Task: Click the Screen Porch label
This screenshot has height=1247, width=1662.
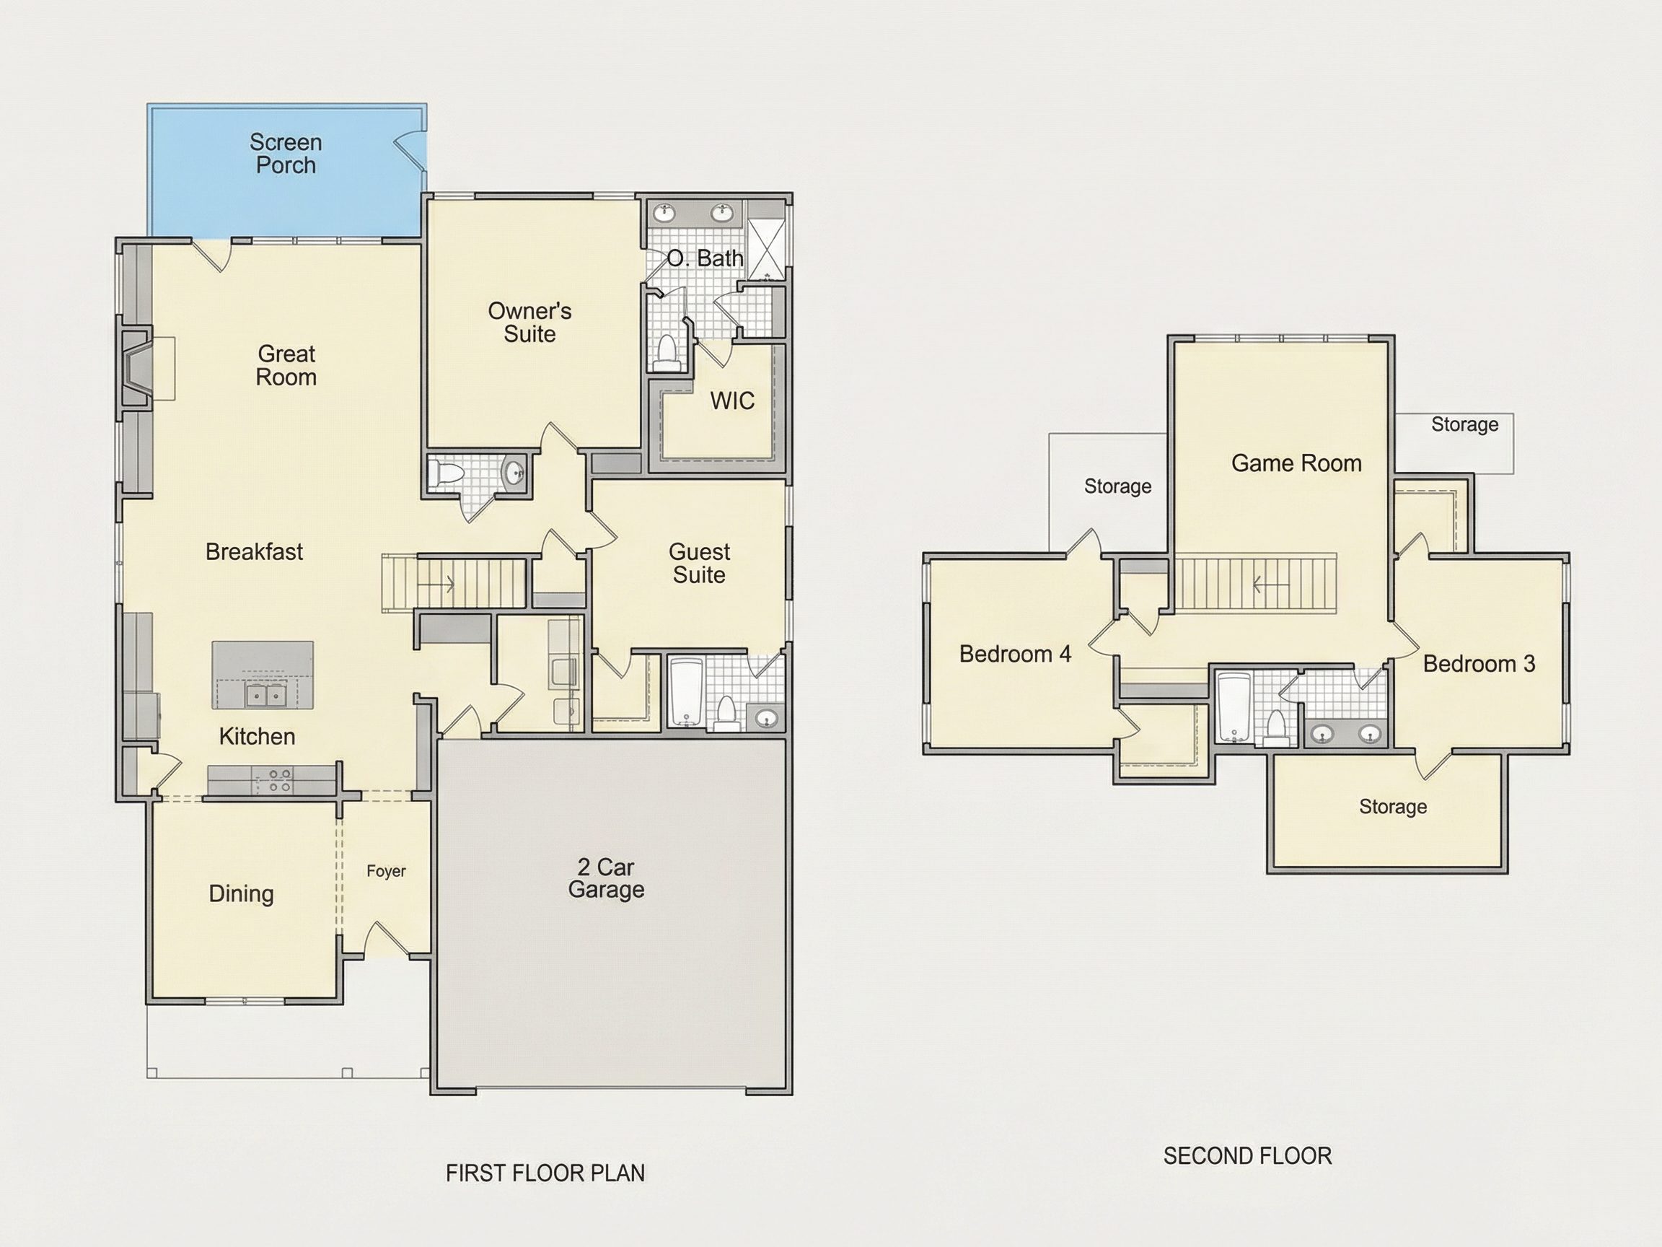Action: tap(286, 153)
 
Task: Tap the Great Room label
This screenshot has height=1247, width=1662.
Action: tap(286, 365)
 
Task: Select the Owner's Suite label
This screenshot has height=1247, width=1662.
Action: tap(529, 323)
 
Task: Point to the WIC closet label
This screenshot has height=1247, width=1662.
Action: tap(733, 401)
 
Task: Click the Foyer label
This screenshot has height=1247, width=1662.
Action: tap(386, 871)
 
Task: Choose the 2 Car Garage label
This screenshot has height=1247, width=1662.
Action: tap(607, 878)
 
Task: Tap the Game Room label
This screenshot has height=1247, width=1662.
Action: tap(1296, 463)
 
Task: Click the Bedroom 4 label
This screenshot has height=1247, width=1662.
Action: tap(1015, 654)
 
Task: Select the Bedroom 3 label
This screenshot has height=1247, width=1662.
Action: tap(1479, 664)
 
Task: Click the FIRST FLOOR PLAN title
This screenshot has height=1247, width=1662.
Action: tap(545, 1173)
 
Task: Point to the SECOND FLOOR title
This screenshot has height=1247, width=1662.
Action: tap(1247, 1156)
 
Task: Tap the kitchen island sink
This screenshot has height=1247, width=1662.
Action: tap(266, 696)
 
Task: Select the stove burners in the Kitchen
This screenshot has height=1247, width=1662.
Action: tap(279, 780)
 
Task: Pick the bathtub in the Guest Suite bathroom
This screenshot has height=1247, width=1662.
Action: tap(686, 693)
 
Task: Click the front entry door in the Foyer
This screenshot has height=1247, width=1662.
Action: tap(386, 940)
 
